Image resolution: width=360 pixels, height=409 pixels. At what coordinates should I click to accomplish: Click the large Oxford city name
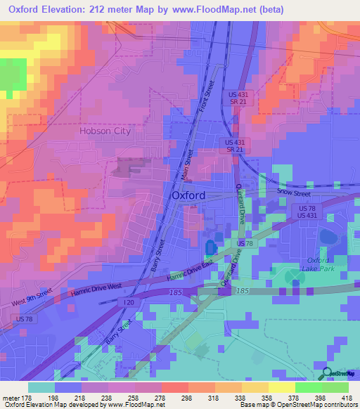pyautogui.click(x=188, y=195)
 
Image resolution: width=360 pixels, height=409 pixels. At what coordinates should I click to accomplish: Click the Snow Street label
pyautogui.click(x=292, y=191)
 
